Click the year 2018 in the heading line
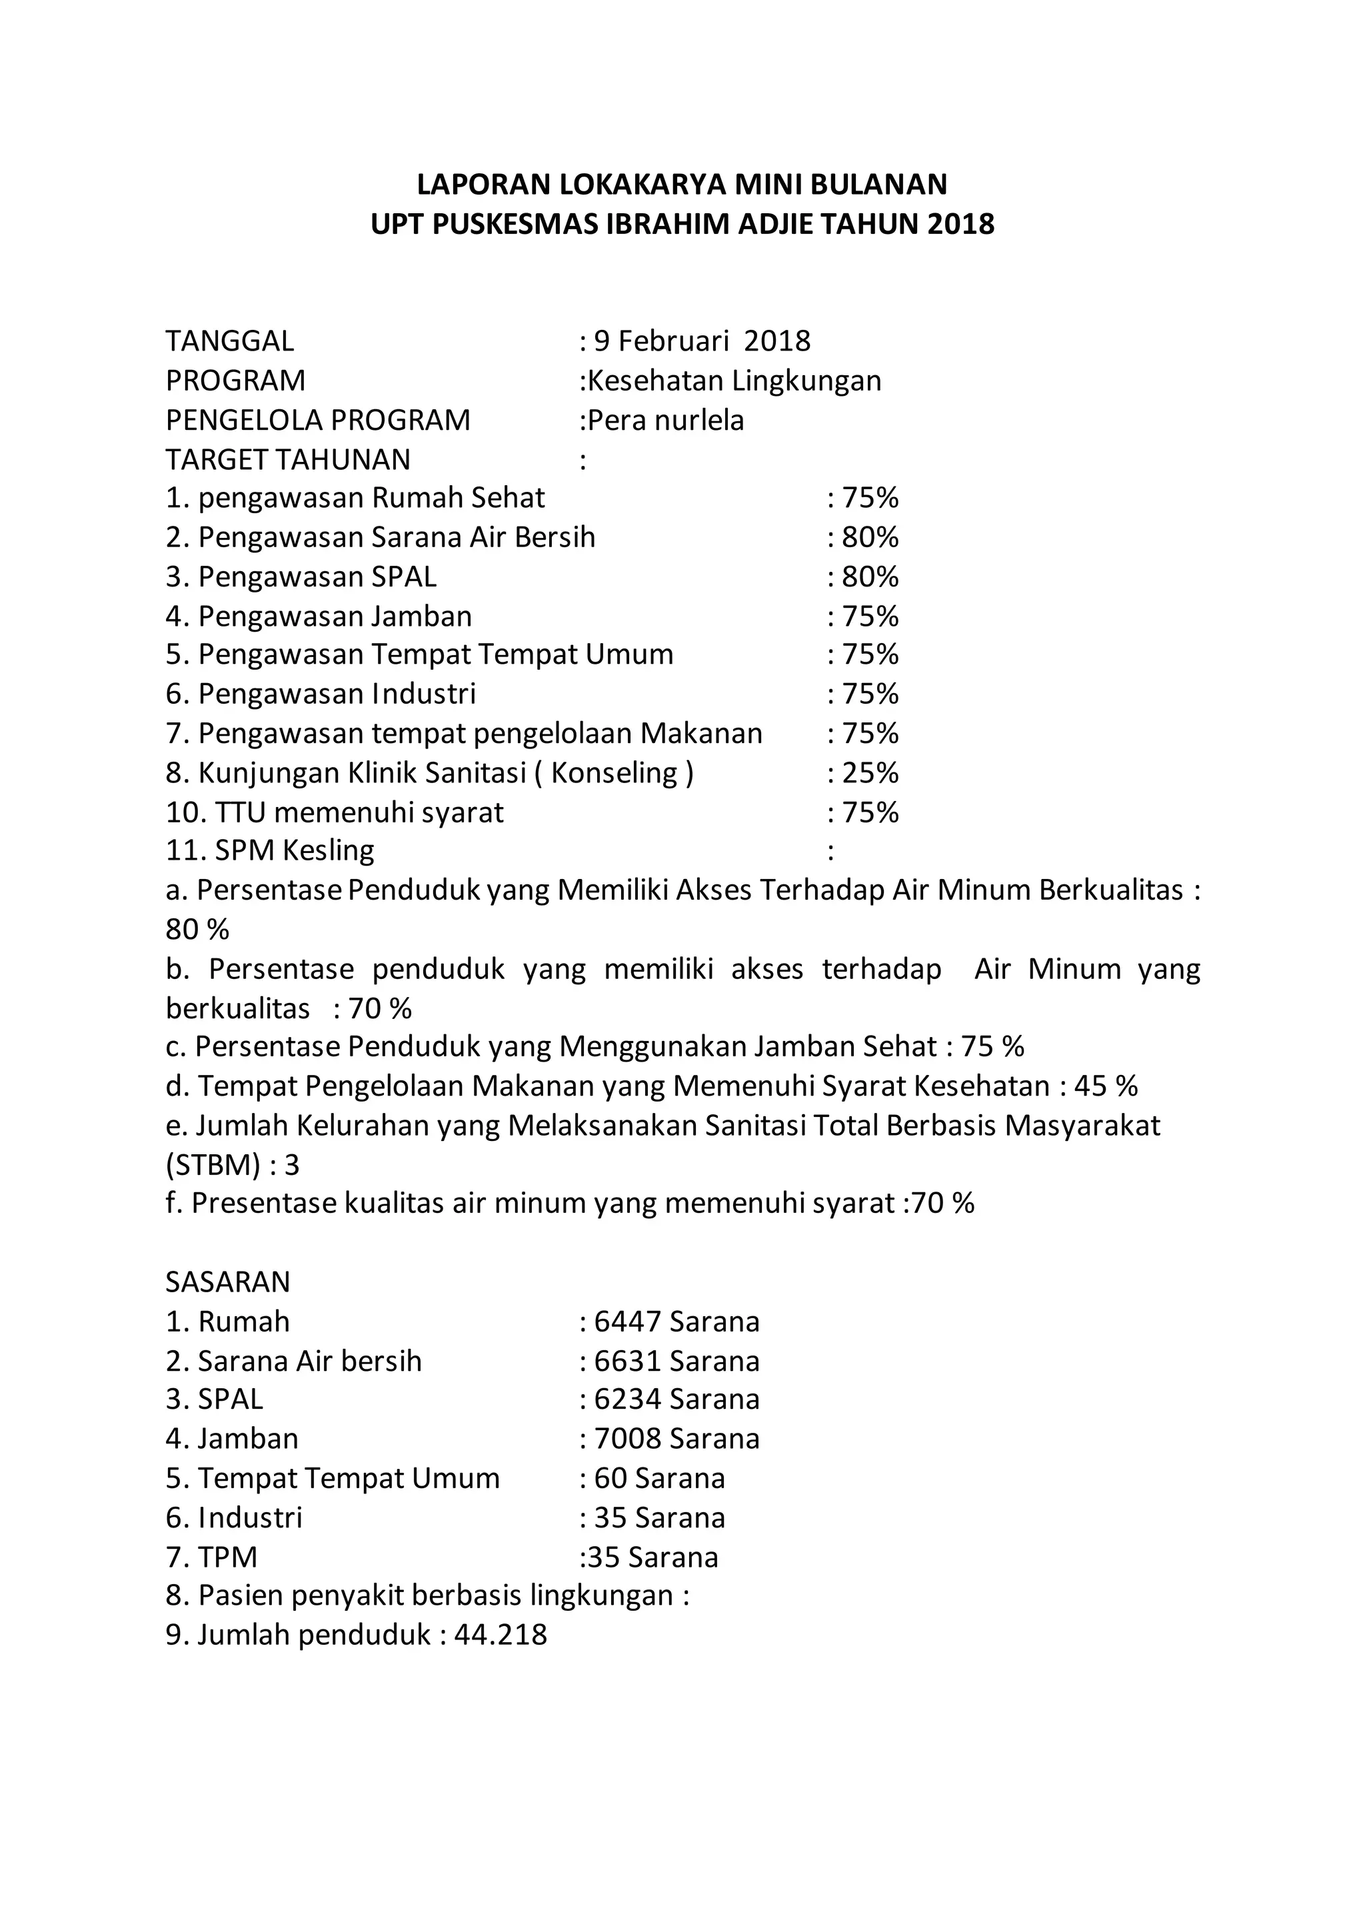(x=962, y=225)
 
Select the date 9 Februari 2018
(x=702, y=341)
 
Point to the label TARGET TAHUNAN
(x=289, y=460)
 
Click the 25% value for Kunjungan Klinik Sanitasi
(x=870, y=772)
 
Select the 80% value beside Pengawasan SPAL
(x=870, y=576)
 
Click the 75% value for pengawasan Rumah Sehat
(x=870, y=498)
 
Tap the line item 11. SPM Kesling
(x=270, y=850)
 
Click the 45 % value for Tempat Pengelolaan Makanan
(x=1105, y=1086)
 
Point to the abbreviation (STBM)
(x=213, y=1165)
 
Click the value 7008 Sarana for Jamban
(x=676, y=1439)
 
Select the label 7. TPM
(x=212, y=1557)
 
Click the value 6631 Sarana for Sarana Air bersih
(x=676, y=1361)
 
